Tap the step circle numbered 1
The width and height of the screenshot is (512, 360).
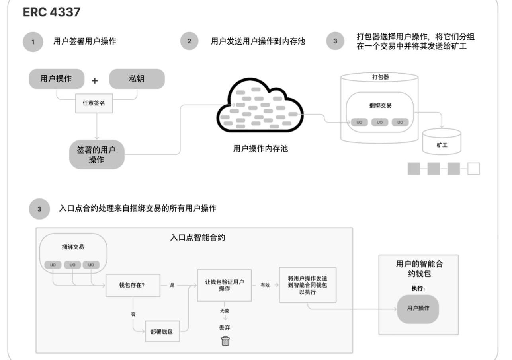[33, 42]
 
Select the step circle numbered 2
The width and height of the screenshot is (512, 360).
[189, 42]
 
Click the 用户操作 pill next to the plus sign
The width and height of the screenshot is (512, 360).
[57, 79]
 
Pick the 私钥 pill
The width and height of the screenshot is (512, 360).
[137, 79]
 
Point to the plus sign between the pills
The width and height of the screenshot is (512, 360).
[95, 80]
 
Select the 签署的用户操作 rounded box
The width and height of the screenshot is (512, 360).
[97, 154]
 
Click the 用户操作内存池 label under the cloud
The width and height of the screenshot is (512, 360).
[260, 149]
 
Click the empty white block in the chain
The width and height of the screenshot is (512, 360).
[473, 169]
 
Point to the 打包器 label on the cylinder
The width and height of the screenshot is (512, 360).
[381, 77]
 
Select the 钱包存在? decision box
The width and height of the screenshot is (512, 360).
[133, 285]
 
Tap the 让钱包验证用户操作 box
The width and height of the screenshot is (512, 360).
[225, 285]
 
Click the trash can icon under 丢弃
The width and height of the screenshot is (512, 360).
[225, 341]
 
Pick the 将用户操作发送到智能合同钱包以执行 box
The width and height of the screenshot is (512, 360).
[307, 284]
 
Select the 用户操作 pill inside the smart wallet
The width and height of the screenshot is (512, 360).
[418, 309]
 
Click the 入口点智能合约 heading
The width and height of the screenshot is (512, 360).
[197, 238]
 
